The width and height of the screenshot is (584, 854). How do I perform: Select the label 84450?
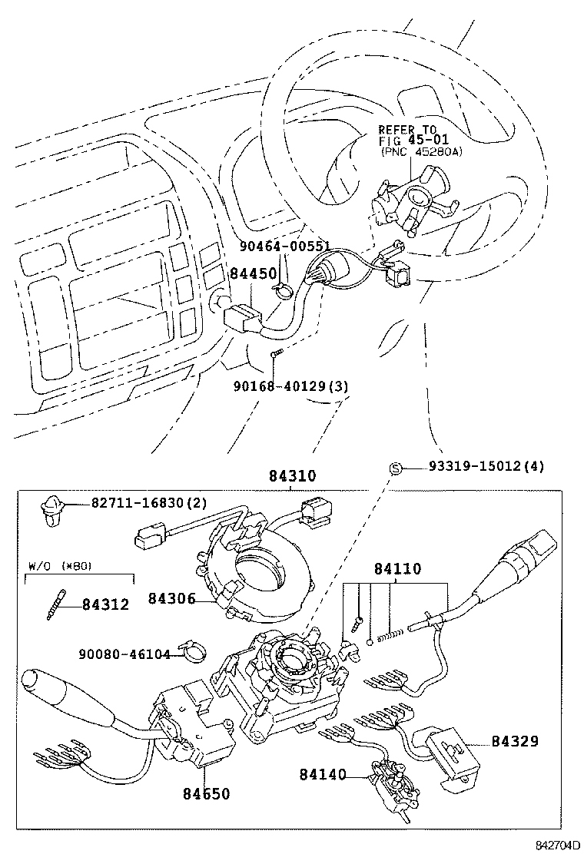coord(253,275)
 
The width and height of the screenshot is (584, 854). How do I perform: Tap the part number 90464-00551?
coord(284,247)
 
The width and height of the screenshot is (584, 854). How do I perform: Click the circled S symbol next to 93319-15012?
coord(396,468)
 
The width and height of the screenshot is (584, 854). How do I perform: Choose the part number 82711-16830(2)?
coord(149,503)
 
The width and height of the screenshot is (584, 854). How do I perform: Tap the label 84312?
coord(105,604)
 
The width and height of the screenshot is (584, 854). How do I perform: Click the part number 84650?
coord(205,793)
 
